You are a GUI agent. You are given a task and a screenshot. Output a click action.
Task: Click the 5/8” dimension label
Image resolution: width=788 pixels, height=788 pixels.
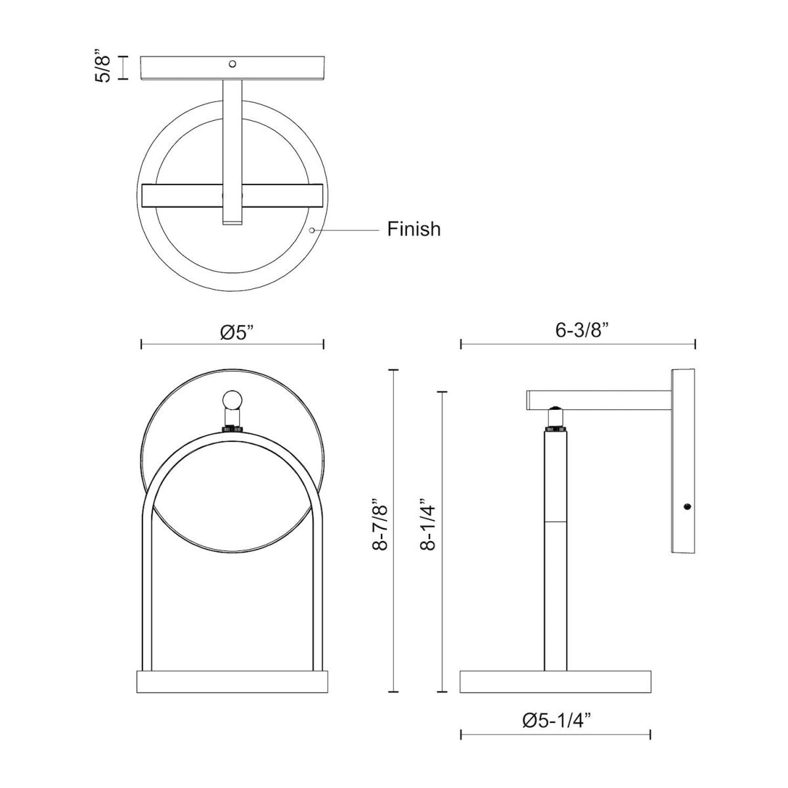(102, 67)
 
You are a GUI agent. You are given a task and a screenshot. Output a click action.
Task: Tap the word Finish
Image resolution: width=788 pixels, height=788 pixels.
(414, 229)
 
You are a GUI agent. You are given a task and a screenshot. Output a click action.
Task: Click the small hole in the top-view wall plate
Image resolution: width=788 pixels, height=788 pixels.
(232, 64)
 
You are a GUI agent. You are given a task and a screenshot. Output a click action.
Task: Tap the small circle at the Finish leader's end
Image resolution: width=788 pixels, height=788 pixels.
(312, 230)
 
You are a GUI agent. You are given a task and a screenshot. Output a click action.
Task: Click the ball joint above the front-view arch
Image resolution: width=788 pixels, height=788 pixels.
(232, 401)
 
